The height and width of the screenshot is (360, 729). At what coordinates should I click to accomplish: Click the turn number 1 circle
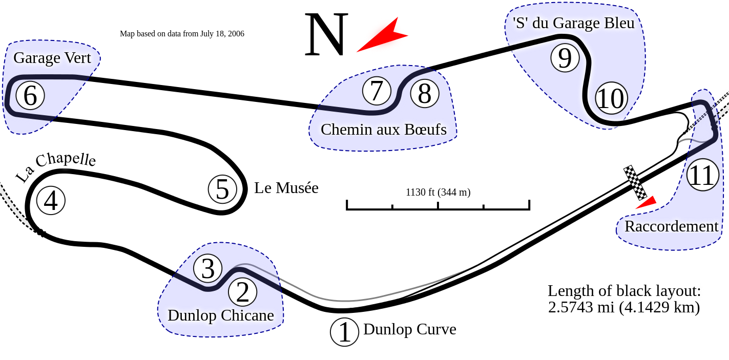(345, 332)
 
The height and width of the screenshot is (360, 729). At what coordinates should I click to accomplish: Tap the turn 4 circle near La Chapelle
(51, 201)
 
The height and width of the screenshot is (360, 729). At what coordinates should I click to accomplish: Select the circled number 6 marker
(30, 96)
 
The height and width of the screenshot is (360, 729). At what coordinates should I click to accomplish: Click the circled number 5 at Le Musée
(222, 189)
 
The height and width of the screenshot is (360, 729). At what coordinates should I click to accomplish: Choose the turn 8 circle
(425, 94)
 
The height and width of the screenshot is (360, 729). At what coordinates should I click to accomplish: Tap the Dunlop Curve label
(409, 329)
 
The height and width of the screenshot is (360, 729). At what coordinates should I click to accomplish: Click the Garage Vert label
(52, 58)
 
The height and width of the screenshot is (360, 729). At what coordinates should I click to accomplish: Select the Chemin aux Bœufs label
(383, 129)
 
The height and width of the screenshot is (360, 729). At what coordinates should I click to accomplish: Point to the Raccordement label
(671, 226)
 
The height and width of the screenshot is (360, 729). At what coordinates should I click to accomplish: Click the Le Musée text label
(286, 188)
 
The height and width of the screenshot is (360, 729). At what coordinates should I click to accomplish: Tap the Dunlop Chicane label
(220, 315)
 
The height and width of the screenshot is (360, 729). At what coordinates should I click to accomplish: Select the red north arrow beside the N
(383, 36)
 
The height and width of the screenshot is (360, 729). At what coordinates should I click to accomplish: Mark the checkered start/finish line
(635, 183)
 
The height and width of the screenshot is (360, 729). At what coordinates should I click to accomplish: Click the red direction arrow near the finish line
(647, 203)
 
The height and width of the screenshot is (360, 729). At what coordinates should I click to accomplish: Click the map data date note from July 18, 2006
(181, 34)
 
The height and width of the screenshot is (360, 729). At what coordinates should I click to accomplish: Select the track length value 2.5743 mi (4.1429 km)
(623, 307)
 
